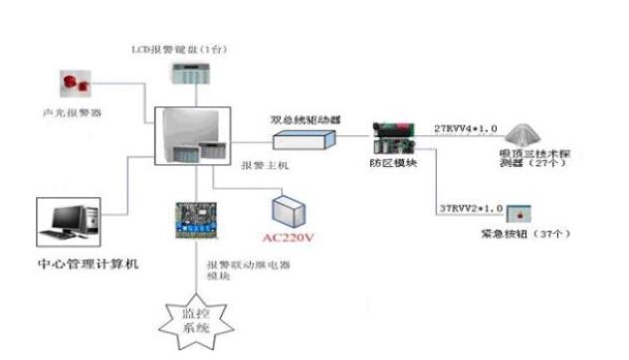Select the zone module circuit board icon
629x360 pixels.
pyautogui.click(x=392, y=136)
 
